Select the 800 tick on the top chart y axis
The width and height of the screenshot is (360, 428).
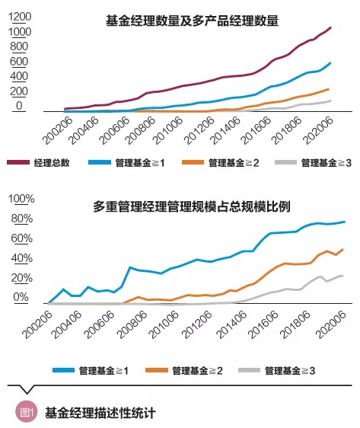point(18,46)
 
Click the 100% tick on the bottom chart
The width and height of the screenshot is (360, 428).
point(20,200)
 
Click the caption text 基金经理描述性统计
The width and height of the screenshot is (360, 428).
point(100,414)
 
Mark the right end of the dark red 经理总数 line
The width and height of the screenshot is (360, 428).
point(331,27)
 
